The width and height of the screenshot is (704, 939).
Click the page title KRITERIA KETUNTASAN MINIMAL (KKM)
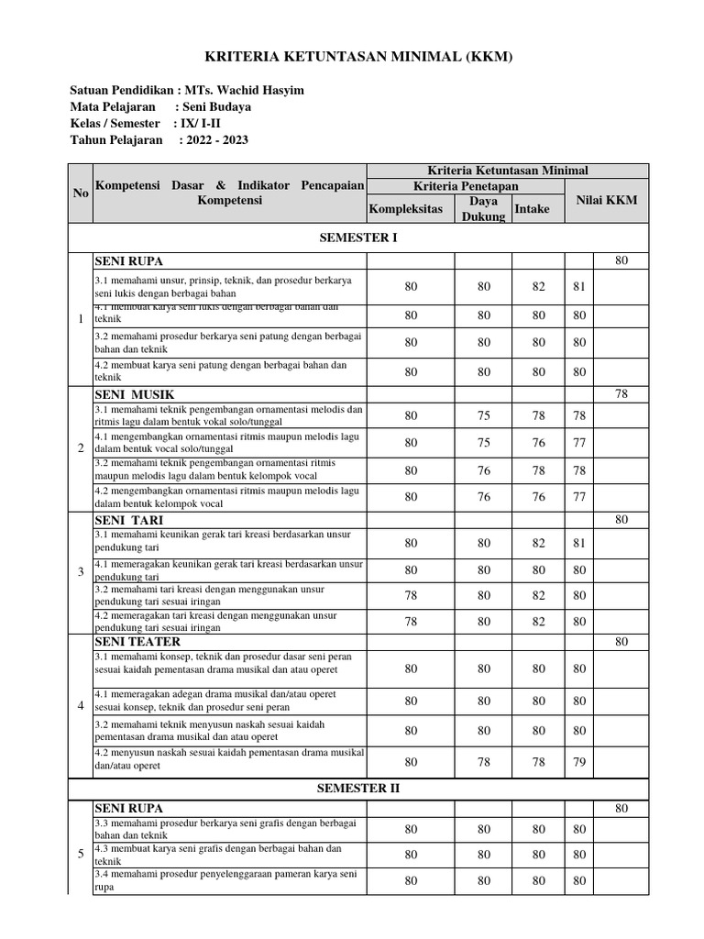(x=352, y=57)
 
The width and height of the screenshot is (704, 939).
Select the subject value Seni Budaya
(x=217, y=106)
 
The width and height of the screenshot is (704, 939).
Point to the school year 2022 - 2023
(x=214, y=139)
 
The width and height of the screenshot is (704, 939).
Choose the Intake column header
(x=533, y=209)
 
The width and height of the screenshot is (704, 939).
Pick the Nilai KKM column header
(x=606, y=200)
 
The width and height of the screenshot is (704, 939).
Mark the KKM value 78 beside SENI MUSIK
(x=621, y=393)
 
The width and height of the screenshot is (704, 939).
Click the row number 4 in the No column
(x=81, y=706)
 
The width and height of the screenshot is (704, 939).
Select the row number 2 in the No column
(x=81, y=448)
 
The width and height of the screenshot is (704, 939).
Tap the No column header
(x=81, y=193)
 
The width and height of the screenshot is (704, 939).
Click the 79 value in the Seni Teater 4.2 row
(x=578, y=761)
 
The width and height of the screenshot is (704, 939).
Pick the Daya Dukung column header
(x=483, y=209)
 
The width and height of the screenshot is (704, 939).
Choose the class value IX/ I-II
(x=204, y=123)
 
